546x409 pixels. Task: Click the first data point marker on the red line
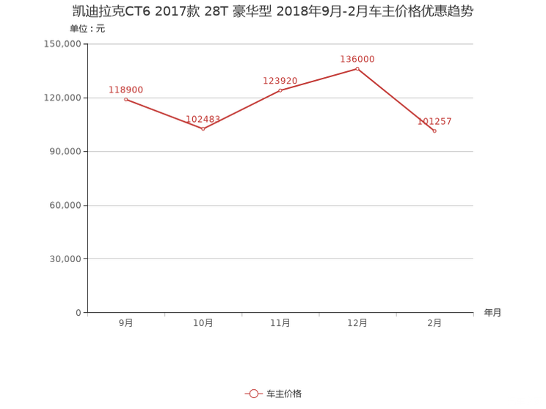pyautogui.click(x=125, y=99)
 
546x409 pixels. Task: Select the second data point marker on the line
pyautogui.click(x=203, y=129)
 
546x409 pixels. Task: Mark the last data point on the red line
pyautogui.click(x=434, y=131)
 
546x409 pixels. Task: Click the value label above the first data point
pyautogui.click(x=125, y=90)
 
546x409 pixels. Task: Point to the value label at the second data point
pyautogui.click(x=203, y=119)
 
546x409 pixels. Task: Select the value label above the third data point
pyautogui.click(x=281, y=80)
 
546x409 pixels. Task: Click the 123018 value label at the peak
pyautogui.click(x=357, y=59)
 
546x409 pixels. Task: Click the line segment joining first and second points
pyautogui.click(x=164, y=114)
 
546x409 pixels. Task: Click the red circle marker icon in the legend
pyautogui.click(x=253, y=394)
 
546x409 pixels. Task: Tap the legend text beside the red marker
pyautogui.click(x=284, y=394)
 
